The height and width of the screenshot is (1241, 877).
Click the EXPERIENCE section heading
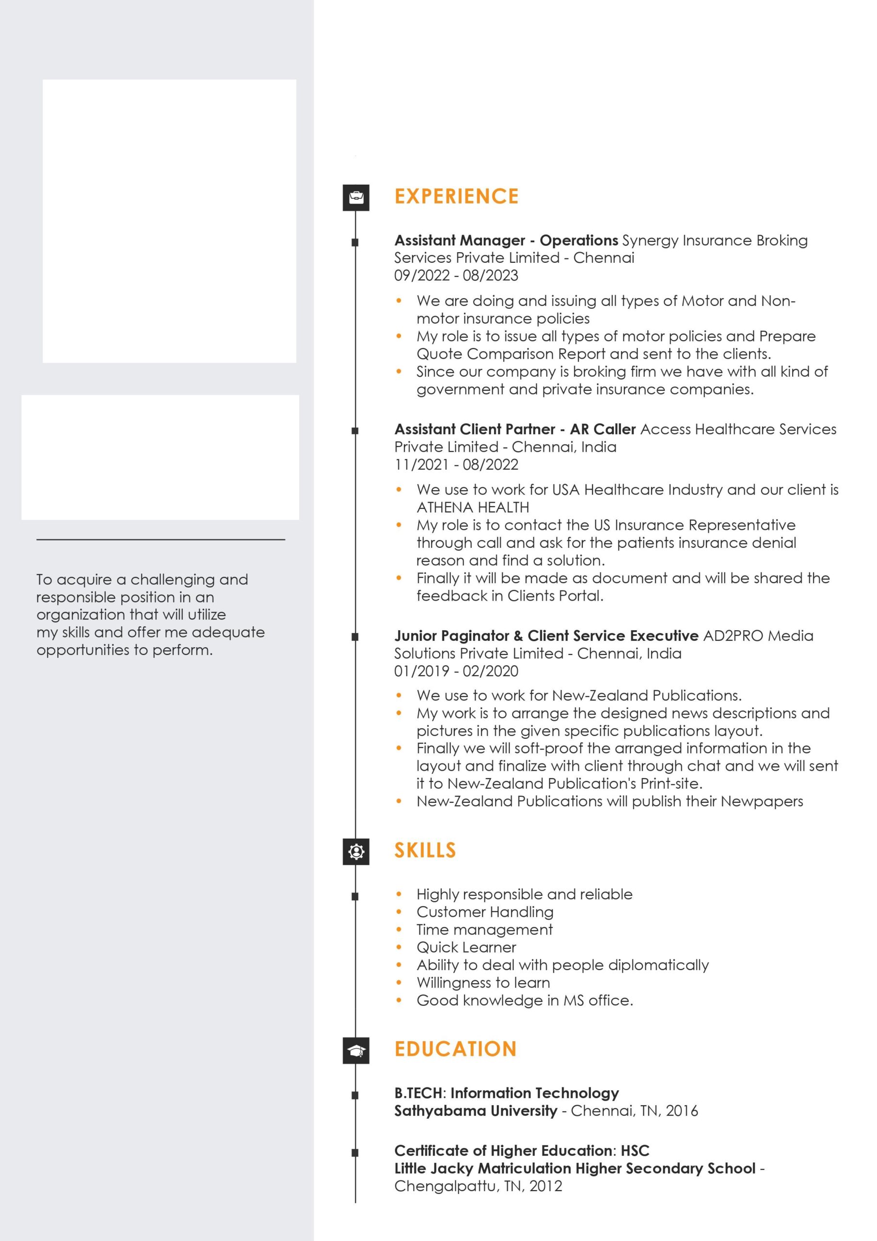coord(456,196)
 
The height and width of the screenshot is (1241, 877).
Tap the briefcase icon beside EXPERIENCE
coord(356,197)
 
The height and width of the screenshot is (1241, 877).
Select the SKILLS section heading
coord(425,850)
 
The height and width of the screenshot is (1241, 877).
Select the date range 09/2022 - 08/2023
coord(456,275)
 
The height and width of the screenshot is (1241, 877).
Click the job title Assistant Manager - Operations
coord(506,240)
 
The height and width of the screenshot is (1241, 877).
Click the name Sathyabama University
coord(475,1111)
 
